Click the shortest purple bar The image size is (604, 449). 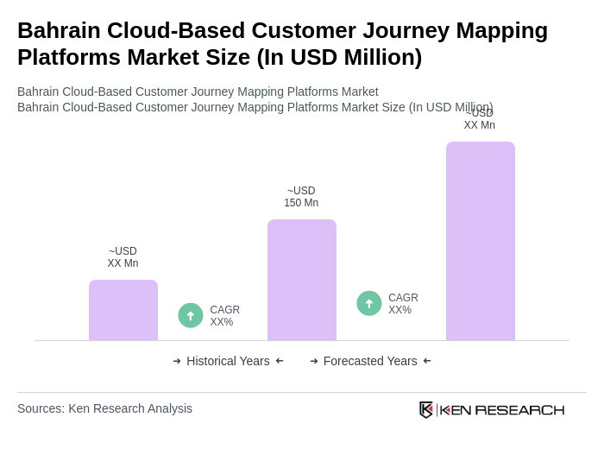123,310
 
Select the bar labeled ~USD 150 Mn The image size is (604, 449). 302,280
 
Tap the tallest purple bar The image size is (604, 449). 481,241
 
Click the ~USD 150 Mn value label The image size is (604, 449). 301,197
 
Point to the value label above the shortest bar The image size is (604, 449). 123,257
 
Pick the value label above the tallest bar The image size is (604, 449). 480,119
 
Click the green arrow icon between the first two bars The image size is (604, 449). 191,315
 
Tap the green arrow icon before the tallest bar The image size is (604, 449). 369,303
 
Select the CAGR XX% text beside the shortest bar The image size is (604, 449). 225,316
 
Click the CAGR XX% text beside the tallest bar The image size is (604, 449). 403,304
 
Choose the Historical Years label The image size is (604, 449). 228,361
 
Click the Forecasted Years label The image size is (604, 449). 370,361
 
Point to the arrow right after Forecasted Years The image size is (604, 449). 427,361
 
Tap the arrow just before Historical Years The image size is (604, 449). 177,361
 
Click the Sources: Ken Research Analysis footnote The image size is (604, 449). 104,408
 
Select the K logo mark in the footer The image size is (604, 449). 426,409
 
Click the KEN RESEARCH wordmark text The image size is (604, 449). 502,410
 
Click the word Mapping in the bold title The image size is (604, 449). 501,30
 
